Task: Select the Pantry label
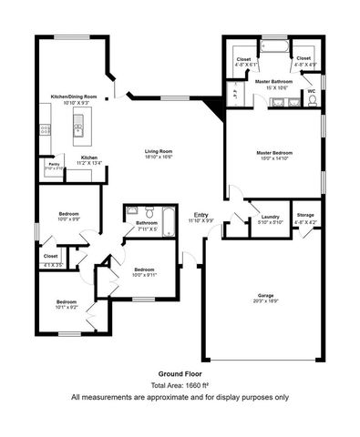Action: (x=54, y=165)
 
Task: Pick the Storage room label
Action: (x=305, y=215)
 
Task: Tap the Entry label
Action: (x=201, y=215)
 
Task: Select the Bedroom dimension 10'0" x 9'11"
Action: (x=145, y=276)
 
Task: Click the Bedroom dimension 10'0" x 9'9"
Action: (x=67, y=219)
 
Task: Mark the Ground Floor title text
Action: (x=180, y=373)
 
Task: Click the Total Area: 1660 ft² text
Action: (x=180, y=385)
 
